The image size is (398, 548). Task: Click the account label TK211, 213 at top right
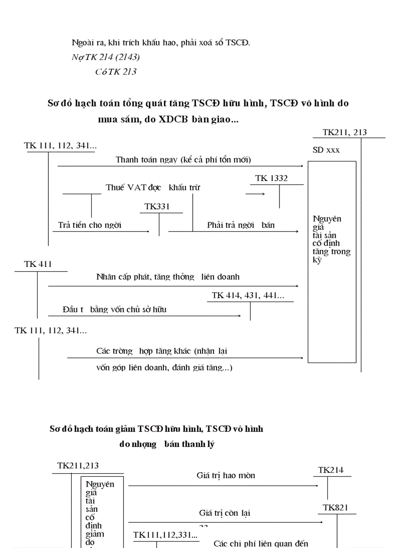coord(344,132)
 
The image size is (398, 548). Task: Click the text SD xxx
coord(326,150)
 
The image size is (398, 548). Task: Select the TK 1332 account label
coord(271,179)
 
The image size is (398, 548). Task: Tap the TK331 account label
coord(157,207)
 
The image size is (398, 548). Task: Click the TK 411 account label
coord(38,264)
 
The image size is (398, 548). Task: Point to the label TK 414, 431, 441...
coord(248,296)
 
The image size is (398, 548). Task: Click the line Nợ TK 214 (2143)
coord(105,57)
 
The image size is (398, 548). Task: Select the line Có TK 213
coord(116,72)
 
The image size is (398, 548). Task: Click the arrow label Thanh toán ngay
coord(183,160)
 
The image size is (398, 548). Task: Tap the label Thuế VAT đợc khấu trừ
coord(153,187)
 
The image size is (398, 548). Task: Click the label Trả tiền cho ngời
coord(90,225)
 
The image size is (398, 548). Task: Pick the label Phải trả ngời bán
coord(241,225)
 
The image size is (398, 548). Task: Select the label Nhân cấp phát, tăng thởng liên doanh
coord(168,277)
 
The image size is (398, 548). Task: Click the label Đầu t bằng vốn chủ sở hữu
coord(115,309)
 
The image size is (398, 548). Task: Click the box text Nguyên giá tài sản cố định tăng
coord(331,239)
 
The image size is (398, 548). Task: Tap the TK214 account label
coord(331,470)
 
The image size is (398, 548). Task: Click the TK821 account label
coord(336,508)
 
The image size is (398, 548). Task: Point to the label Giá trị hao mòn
coord(226,475)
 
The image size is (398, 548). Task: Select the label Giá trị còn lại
coord(225,513)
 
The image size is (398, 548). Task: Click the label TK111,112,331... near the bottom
coord(166,535)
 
